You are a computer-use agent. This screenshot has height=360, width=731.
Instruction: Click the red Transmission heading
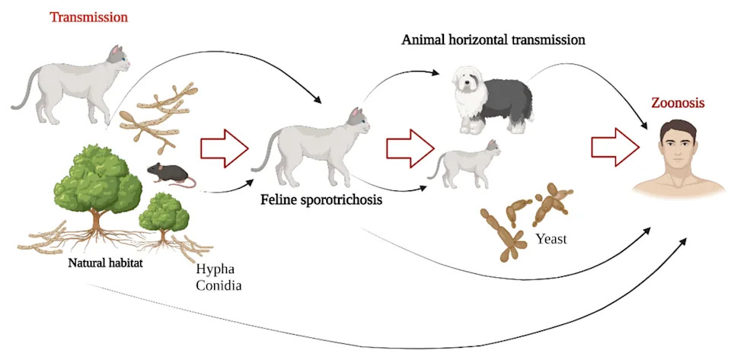click(x=88, y=18)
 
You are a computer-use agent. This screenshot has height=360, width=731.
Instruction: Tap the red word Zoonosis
click(x=678, y=103)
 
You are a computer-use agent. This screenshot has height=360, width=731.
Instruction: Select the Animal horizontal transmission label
click(x=493, y=40)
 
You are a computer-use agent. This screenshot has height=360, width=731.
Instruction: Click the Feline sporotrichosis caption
click(x=321, y=200)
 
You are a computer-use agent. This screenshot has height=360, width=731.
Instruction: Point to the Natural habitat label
click(x=105, y=263)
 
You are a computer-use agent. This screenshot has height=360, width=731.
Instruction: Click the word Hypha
click(x=215, y=269)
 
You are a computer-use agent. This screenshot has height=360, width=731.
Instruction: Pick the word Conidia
click(x=219, y=285)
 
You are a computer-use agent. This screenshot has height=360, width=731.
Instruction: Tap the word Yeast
click(x=551, y=240)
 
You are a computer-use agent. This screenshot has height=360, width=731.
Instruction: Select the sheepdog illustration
click(x=492, y=99)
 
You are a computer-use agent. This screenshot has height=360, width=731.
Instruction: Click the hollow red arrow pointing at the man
click(x=614, y=147)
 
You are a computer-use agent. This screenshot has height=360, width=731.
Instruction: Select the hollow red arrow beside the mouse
click(x=225, y=148)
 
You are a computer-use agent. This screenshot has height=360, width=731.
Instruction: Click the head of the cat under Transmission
click(x=118, y=58)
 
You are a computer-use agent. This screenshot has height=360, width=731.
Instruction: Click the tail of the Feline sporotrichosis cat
click(x=265, y=149)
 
